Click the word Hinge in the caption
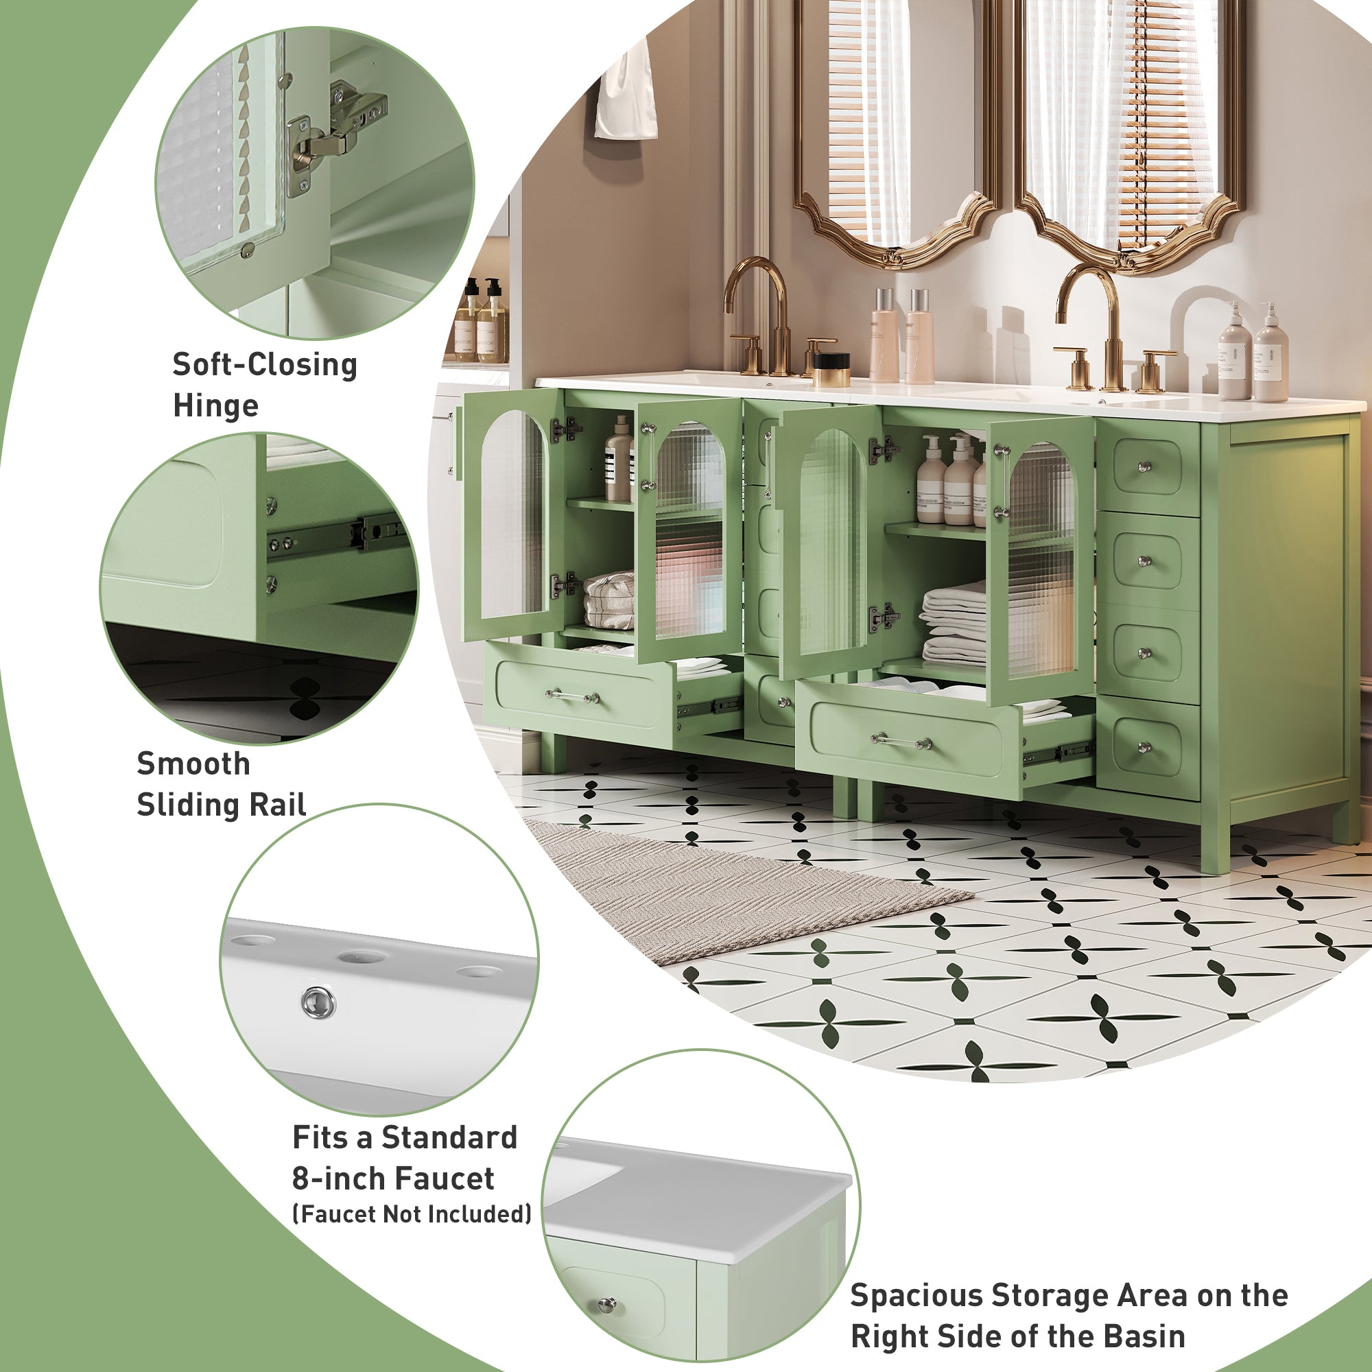(215, 406)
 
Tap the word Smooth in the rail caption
(193, 764)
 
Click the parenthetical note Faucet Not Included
(412, 1214)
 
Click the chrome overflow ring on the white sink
(319, 1002)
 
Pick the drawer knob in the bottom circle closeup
(606, 1304)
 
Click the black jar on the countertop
(831, 369)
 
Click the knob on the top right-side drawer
(1144, 466)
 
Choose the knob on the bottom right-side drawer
(1144, 746)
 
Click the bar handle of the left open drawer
(572, 695)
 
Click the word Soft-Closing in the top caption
(265, 365)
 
